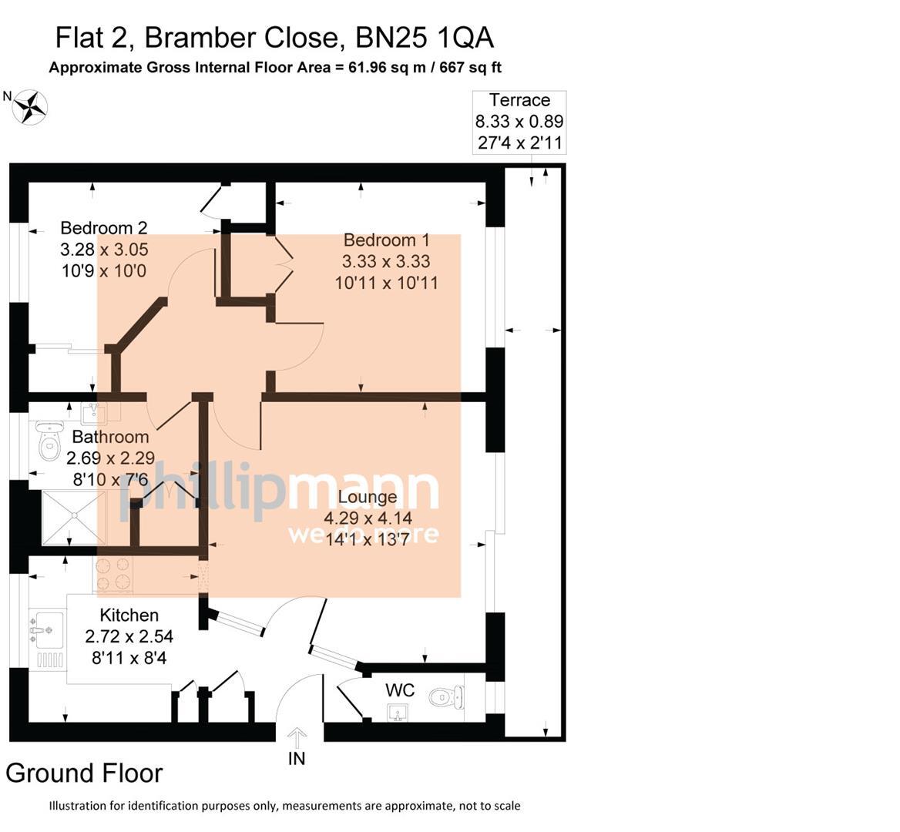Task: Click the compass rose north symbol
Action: (29, 107)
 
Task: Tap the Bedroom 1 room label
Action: (386, 240)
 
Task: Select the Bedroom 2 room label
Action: (104, 228)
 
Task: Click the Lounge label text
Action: (368, 497)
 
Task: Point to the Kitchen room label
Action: (129, 615)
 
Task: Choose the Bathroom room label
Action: (111, 437)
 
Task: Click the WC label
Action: (400, 689)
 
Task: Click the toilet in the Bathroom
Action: (50, 441)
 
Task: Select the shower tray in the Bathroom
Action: (74, 518)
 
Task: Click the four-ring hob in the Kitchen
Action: (113, 575)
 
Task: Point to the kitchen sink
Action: (46, 631)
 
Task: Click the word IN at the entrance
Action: (297, 759)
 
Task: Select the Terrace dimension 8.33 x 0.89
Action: (519, 122)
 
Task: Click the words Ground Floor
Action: (85, 773)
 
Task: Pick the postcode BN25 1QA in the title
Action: (425, 38)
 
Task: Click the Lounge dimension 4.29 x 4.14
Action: (368, 518)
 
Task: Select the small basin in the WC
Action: (398, 713)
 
